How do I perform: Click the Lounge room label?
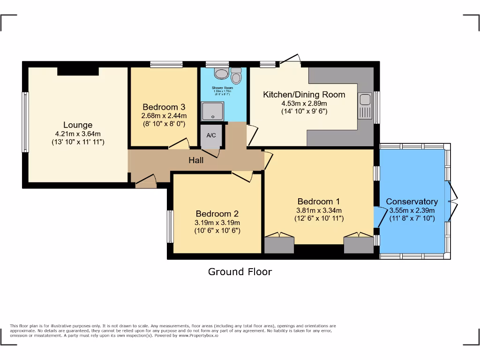(x=78, y=125)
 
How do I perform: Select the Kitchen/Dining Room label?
(x=304, y=95)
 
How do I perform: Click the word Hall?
(x=196, y=160)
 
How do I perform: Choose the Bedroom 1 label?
(x=319, y=202)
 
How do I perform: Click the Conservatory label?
(x=412, y=202)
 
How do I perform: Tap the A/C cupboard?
(x=211, y=136)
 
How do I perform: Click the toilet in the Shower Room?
(x=220, y=74)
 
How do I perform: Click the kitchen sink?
(x=365, y=106)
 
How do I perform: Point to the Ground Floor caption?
(x=240, y=271)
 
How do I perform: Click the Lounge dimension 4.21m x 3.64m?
(x=78, y=134)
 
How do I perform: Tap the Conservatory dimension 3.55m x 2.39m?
(x=412, y=210)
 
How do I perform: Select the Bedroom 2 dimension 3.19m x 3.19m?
(x=217, y=222)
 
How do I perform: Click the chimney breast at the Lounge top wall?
(x=78, y=71)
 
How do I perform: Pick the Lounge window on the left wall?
(x=25, y=122)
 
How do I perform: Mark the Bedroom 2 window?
(x=170, y=226)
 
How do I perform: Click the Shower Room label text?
(x=222, y=88)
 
